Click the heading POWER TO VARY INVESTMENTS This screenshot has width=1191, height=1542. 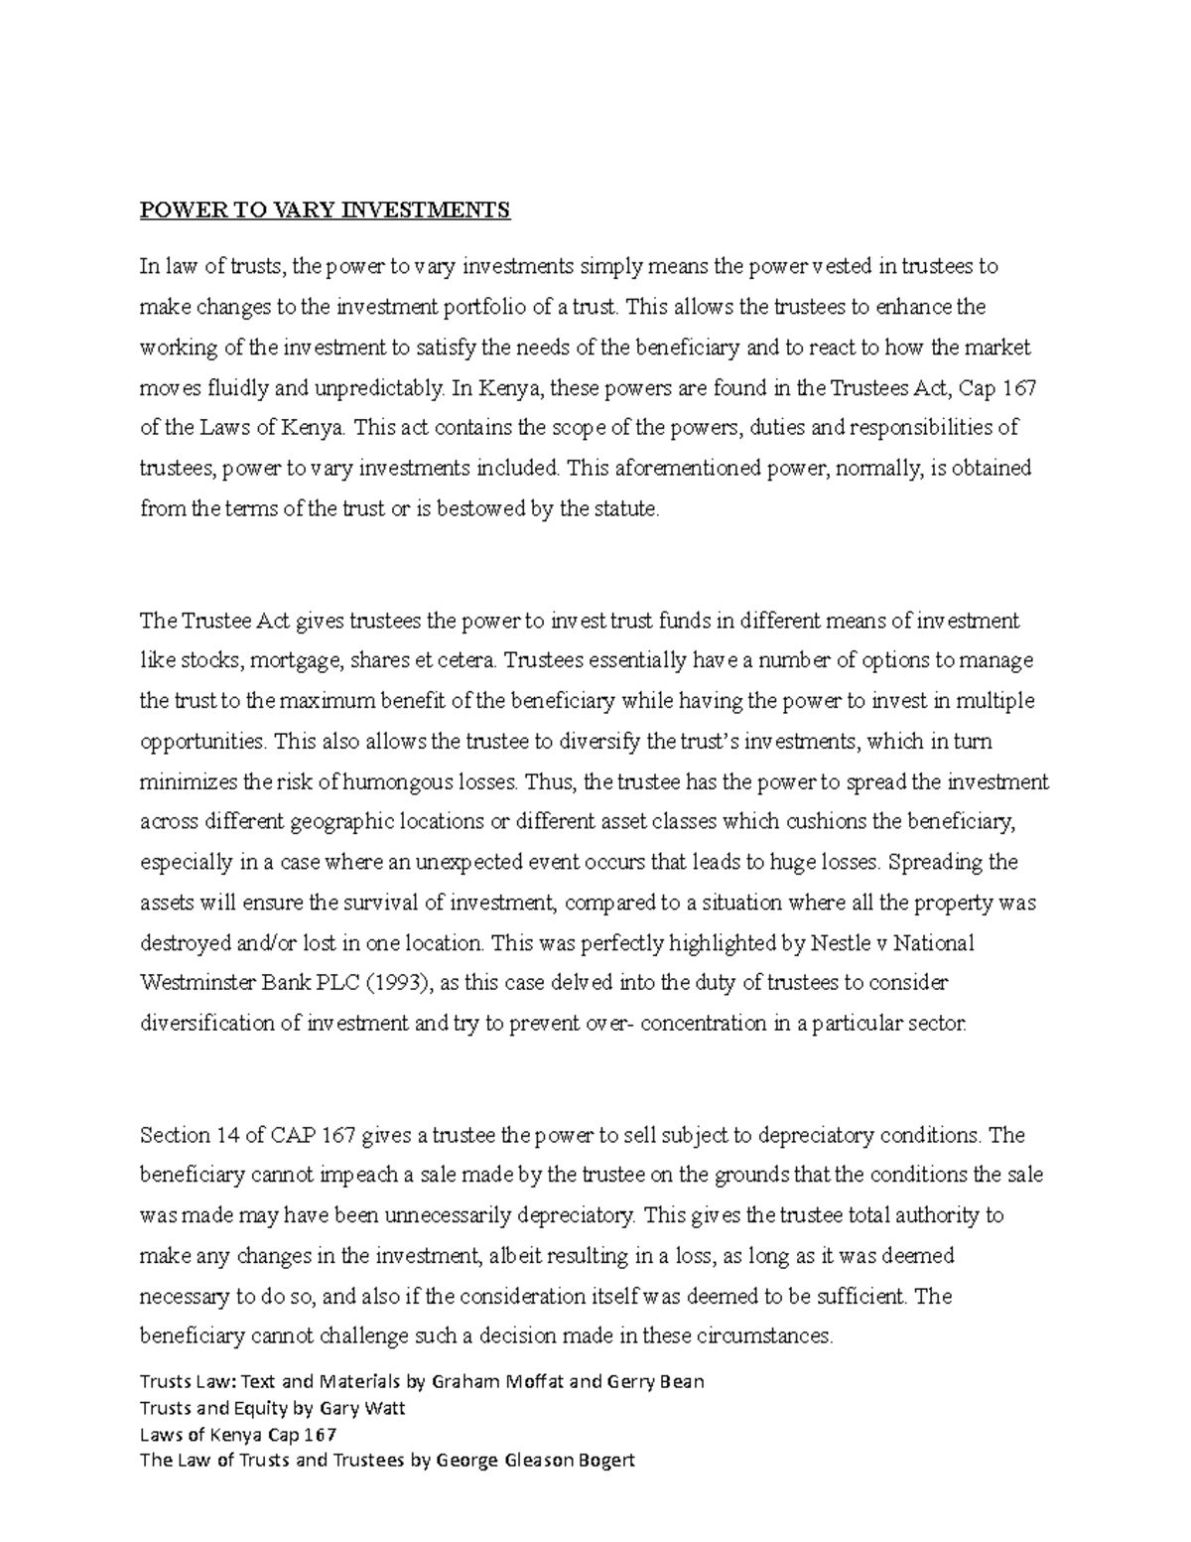[325, 210]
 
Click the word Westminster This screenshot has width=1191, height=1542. [198, 983]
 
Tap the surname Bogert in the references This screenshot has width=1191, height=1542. [600, 1461]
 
